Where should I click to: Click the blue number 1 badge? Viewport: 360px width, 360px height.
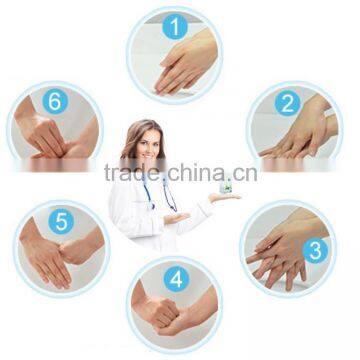click(x=175, y=27)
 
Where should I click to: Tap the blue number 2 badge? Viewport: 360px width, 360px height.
click(x=287, y=104)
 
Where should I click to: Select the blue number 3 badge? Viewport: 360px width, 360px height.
click(x=315, y=251)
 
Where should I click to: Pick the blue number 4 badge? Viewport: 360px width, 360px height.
click(x=176, y=279)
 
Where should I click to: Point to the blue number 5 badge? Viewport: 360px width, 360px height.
click(x=61, y=221)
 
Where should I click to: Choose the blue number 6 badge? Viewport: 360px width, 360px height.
click(x=55, y=101)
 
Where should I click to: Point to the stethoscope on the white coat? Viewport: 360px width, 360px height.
click(x=160, y=192)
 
